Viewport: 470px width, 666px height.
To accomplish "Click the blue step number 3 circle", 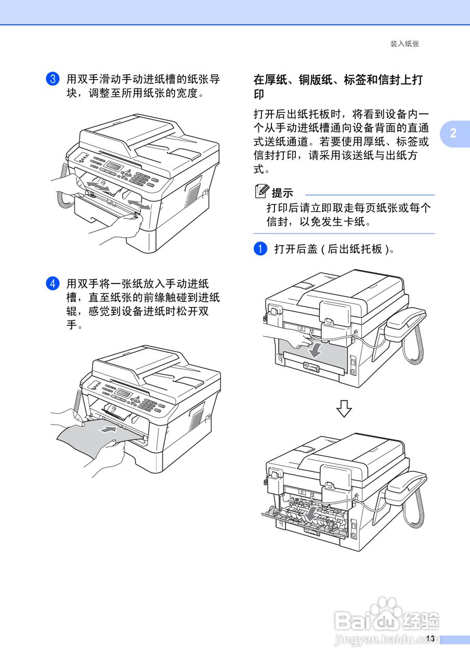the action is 53,79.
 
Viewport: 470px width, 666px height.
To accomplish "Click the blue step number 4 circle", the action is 53,284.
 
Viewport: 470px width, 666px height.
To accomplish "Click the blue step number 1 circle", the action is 260,249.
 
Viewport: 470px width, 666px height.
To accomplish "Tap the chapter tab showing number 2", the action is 454,133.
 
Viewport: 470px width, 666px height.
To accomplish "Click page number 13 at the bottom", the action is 430,638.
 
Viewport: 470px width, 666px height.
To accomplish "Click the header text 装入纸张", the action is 404,44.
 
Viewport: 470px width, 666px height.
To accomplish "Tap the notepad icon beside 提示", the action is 262,191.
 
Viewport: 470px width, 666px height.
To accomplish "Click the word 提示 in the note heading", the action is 282,193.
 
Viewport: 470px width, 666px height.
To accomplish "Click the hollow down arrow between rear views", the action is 344,408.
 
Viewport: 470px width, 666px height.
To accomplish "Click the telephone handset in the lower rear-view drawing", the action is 406,486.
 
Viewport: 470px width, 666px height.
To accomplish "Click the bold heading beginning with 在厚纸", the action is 338,86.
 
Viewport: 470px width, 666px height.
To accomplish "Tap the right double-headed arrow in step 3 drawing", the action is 139,204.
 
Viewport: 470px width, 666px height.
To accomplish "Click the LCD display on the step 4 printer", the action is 124,392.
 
